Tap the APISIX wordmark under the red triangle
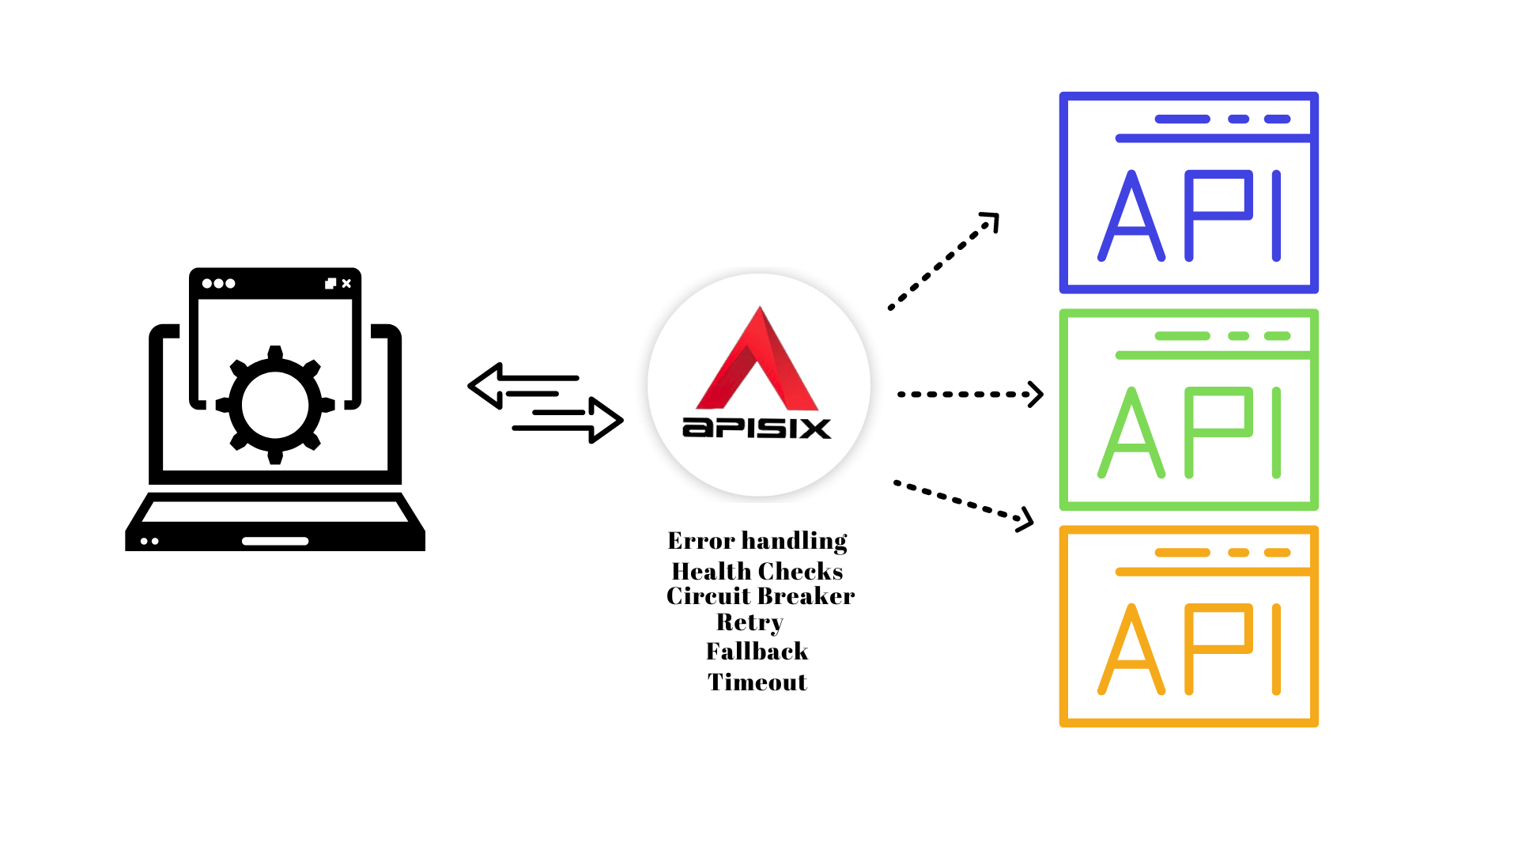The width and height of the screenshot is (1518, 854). pyautogui.click(x=757, y=428)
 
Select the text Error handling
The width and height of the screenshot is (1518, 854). pyautogui.click(x=757, y=541)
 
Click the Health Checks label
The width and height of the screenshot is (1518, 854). pyautogui.click(x=757, y=571)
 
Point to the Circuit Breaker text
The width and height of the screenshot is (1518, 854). pyautogui.click(x=761, y=596)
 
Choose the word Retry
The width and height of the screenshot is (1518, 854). pyautogui.click(x=750, y=622)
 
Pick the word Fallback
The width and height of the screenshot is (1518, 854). pyautogui.click(x=757, y=652)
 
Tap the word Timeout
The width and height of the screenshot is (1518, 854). pyautogui.click(x=757, y=682)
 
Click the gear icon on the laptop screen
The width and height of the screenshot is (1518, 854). pyautogui.click(x=275, y=405)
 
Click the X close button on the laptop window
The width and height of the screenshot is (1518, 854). pyautogui.click(x=346, y=283)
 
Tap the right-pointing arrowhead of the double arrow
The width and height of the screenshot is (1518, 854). pyautogui.click(x=606, y=420)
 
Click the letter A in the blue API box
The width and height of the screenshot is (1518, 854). pyautogui.click(x=1131, y=217)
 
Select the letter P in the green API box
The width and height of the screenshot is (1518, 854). pyautogui.click(x=1218, y=431)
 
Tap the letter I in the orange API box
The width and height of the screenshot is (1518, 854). pyautogui.click(x=1276, y=648)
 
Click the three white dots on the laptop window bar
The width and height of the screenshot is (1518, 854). pyautogui.click(x=218, y=283)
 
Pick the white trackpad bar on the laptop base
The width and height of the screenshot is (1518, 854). pyautogui.click(x=275, y=542)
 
